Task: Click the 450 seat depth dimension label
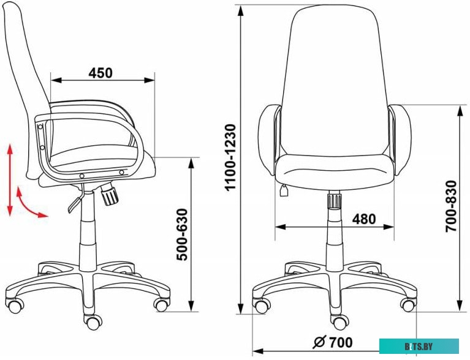pyautogui.click(x=100, y=73)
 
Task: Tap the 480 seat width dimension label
pyautogui.click(x=363, y=219)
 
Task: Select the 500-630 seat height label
pyautogui.click(x=182, y=234)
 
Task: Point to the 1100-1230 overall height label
pyautogui.click(x=231, y=157)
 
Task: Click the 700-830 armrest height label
pyautogui.click(x=451, y=206)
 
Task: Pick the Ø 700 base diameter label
pyautogui.click(x=333, y=342)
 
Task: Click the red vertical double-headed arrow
pyautogui.click(x=10, y=180)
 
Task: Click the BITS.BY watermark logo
pyautogui.click(x=419, y=347)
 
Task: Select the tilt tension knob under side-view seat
pyautogui.click(x=110, y=194)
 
